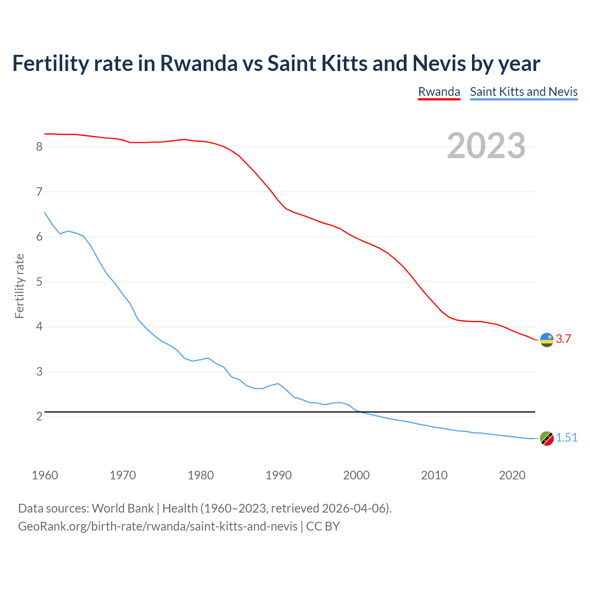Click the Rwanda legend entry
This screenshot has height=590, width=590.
click(x=439, y=92)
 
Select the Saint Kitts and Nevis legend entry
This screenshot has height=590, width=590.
click(x=524, y=92)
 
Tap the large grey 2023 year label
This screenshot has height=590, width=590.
click(x=486, y=146)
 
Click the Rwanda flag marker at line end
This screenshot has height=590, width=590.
click(x=547, y=340)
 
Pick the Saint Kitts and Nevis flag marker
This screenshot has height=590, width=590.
click(x=547, y=438)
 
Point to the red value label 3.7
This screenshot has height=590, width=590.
click(x=563, y=339)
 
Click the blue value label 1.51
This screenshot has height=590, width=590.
click(x=566, y=438)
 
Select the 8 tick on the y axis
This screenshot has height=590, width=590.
click(x=39, y=147)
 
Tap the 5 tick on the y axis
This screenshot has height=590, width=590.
click(x=39, y=282)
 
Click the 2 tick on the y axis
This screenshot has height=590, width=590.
click(x=39, y=417)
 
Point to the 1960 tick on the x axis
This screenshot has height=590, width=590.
click(x=45, y=475)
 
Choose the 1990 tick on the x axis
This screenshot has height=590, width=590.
click(x=278, y=475)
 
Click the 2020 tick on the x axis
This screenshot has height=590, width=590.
click(x=512, y=475)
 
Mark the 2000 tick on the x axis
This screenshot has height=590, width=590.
click(x=356, y=475)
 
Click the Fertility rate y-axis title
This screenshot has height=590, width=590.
click(x=19, y=286)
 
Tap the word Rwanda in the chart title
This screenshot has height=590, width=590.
click(x=199, y=63)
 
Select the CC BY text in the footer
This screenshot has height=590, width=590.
click(x=323, y=526)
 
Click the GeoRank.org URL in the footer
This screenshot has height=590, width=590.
click(x=158, y=526)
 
